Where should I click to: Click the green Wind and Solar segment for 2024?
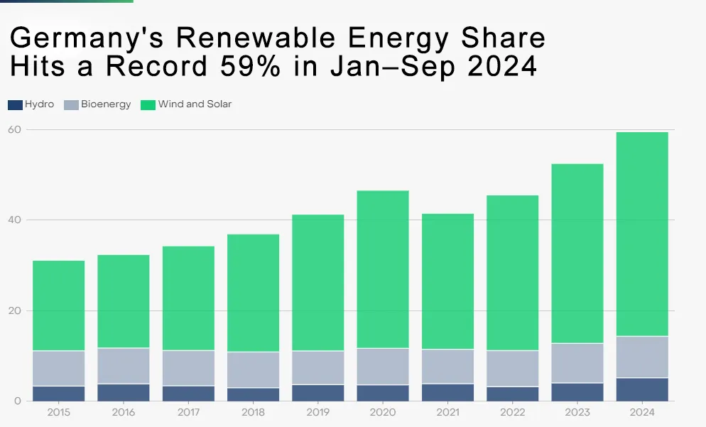[641, 234]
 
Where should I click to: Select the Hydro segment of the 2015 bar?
[58, 394]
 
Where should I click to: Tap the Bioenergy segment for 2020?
[383, 367]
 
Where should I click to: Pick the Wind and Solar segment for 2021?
[447, 281]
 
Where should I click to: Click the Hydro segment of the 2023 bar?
[577, 392]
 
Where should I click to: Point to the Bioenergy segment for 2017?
[188, 368]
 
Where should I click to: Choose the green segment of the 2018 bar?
[253, 293]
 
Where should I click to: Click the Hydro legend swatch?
[15, 104]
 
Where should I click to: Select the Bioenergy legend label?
[106, 104]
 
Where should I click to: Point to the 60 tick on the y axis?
[14, 129]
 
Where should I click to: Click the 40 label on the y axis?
[14, 220]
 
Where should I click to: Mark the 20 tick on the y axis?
[14, 310]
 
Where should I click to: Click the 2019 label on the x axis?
[317, 412]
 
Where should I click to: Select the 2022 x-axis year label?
[512, 412]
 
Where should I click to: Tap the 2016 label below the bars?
[123, 412]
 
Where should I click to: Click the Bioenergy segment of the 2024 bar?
[641, 357]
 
